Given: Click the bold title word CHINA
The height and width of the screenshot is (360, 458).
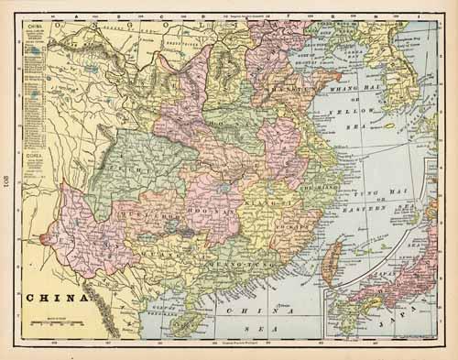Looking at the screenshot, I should [55, 298].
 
